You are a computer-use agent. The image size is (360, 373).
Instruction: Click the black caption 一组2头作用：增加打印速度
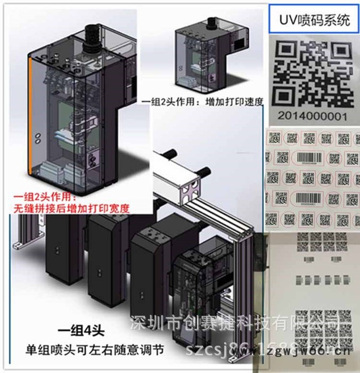pos(202,101)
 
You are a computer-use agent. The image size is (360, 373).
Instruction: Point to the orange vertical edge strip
pos(30,117)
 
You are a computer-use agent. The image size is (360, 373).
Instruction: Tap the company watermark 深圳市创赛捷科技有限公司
pos(234,322)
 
